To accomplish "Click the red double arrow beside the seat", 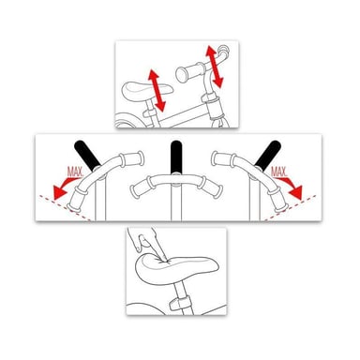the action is (157, 91).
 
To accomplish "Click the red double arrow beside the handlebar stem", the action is (214, 67).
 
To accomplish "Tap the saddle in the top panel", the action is (147, 89).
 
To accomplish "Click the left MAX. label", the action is (75, 172).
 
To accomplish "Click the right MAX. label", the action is (278, 172).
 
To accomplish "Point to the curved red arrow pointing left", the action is (66, 187).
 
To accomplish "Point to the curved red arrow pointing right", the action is (290, 187).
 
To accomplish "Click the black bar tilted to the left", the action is (87, 155).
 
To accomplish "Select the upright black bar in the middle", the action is (176, 157).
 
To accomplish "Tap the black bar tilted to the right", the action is (267, 155).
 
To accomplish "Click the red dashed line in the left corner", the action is (65, 208).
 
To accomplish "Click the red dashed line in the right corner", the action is (291, 208).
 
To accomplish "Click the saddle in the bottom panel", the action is (177, 270).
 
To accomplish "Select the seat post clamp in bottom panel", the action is (179, 303).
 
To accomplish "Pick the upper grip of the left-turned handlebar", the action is (131, 159).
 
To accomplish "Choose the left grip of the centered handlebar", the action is (140, 188).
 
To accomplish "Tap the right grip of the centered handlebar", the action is (211, 187).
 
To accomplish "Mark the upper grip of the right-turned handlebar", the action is (224, 159).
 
